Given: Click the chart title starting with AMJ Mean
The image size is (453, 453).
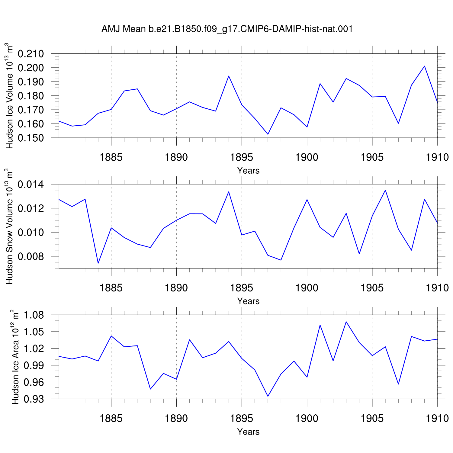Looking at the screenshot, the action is point(227,29).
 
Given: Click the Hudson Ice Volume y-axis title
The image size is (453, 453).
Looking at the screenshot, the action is point(9,96).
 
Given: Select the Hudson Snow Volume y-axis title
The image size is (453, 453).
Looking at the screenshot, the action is point(9,226).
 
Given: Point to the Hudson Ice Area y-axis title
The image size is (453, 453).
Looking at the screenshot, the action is point(15,357).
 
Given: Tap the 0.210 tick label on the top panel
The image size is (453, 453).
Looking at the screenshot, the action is point(31,54).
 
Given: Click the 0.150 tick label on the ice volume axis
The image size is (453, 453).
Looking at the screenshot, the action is point(31,138).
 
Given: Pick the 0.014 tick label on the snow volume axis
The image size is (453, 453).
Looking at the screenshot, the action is point(31,184).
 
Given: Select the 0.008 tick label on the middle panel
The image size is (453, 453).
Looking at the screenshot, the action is point(31,256).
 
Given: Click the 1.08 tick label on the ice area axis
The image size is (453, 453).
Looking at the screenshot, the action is point(34,315).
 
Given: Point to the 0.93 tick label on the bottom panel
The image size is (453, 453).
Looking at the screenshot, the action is point(34,399).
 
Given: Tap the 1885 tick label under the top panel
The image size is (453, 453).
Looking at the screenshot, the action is point(111,157).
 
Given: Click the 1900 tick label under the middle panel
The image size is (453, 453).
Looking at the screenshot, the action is point(307,288).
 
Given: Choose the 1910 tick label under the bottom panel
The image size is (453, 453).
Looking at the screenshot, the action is point(437,418).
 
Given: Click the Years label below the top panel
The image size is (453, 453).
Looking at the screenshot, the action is point(248,171).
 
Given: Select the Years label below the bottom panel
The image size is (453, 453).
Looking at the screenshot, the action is point(248,432).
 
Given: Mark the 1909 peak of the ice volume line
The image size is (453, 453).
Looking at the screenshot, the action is point(424,66).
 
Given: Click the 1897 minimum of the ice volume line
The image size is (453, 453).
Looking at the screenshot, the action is point(268,134).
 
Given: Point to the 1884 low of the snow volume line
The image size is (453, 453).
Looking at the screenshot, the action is point(98,263).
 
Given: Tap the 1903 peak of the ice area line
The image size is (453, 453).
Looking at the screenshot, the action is point(346,322).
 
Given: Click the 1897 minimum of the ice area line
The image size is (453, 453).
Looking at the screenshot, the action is point(268,396).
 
